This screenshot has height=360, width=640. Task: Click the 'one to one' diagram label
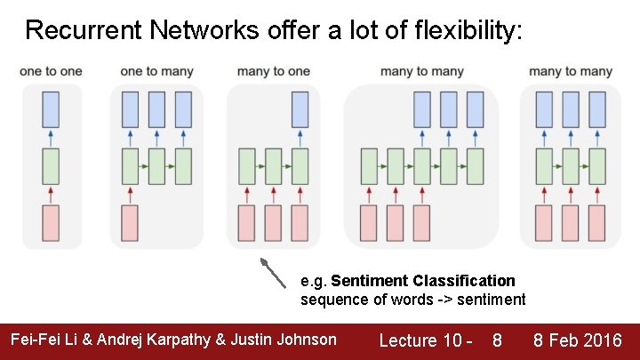51,72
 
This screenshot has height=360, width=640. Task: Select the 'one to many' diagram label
156,72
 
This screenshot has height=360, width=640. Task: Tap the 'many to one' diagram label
274,72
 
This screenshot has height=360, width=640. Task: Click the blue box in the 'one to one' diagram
51,108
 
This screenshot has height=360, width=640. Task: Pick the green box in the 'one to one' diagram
51,166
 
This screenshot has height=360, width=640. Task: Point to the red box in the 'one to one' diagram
51,223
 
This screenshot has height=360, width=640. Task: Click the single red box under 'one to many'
130,223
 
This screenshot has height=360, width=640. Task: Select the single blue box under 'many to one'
300,108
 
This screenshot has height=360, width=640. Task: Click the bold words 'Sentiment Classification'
423,281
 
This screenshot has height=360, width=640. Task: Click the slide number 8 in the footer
497,340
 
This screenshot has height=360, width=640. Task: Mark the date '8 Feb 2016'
577,340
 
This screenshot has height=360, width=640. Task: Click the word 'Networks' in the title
191,31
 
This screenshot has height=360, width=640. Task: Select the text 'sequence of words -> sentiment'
412,300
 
